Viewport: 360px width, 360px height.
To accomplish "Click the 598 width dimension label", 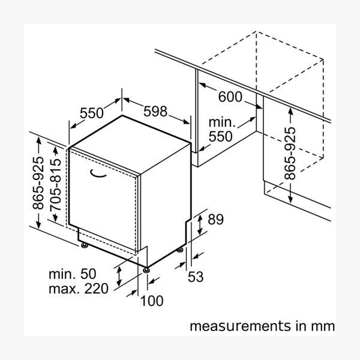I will [155, 112].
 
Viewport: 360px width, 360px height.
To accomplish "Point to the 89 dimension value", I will [215, 220].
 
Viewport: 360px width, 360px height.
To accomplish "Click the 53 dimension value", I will [196, 277].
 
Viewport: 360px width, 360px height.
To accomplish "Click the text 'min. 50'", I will [72, 274].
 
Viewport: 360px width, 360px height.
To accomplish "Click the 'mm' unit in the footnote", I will [323, 326].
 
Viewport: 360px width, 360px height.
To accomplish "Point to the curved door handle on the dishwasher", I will [98, 173].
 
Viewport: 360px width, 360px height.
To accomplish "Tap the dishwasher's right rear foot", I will [180, 248].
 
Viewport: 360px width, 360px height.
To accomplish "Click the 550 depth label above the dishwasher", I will [92, 112].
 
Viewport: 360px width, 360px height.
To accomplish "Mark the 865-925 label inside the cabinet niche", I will [290, 153].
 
